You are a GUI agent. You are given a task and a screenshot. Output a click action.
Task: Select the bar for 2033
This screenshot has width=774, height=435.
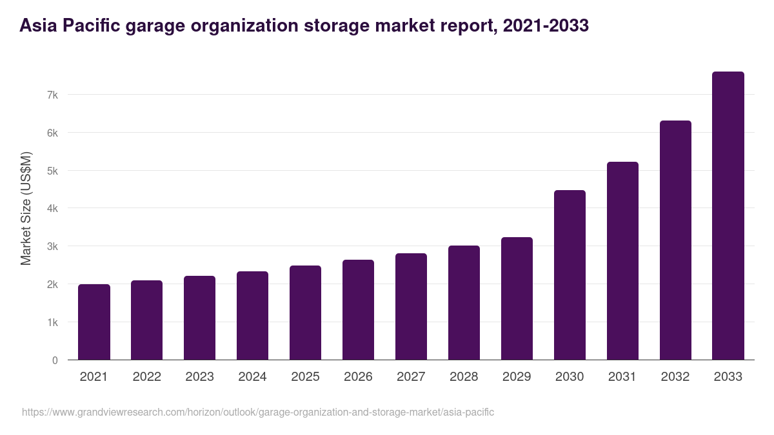pyautogui.click(x=728, y=216)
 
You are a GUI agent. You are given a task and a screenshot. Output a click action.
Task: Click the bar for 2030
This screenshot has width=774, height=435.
pyautogui.click(x=570, y=275)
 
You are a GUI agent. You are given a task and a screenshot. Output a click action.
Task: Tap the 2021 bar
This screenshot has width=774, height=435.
pyautogui.click(x=94, y=322)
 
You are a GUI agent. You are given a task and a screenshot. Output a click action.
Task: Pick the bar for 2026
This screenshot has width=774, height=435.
pyautogui.click(x=358, y=310)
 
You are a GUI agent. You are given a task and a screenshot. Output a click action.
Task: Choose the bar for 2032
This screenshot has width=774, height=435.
pyautogui.click(x=675, y=240)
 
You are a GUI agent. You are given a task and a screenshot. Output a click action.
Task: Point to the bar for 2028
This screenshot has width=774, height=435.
pyautogui.click(x=464, y=303)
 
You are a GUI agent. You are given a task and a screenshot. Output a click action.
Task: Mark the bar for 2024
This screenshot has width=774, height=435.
pyautogui.click(x=252, y=316)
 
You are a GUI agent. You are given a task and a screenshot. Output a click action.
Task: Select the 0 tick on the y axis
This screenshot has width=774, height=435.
pyautogui.click(x=55, y=360)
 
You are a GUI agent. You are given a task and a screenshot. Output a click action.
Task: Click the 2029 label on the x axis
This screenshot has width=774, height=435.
pyautogui.click(x=517, y=377)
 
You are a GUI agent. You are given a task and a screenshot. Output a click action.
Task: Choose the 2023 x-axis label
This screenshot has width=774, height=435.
pyautogui.click(x=199, y=377)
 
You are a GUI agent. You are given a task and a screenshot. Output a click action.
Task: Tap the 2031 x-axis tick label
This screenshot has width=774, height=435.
pyautogui.click(x=622, y=377)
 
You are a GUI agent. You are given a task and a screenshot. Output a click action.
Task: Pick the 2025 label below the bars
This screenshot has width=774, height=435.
pyautogui.click(x=305, y=377)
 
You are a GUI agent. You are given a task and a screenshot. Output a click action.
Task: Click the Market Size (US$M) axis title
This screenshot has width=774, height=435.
pyautogui.click(x=26, y=208)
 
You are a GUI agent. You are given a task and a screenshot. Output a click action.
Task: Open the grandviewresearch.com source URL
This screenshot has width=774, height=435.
pyautogui.click(x=258, y=412)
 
